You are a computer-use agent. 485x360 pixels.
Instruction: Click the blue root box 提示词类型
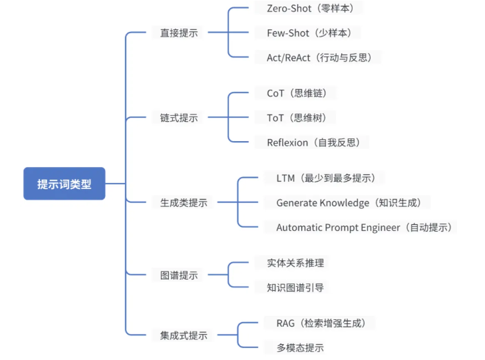click(64, 184)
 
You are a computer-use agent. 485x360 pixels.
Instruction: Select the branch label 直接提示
click(179, 33)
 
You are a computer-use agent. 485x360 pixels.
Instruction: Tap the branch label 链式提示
click(179, 118)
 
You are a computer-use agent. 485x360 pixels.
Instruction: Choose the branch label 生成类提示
click(184, 202)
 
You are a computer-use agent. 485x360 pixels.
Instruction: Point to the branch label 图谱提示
click(179, 275)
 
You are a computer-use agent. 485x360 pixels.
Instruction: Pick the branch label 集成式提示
click(184, 335)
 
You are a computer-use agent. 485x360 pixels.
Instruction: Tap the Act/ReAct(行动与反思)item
click(319, 57)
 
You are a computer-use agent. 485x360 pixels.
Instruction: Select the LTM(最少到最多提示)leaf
click(325, 178)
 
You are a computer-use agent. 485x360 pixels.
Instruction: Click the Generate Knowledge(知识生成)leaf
click(353, 202)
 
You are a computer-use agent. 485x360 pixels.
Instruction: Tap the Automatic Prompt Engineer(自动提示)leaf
click(365, 227)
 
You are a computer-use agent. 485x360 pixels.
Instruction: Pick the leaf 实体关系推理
click(291, 263)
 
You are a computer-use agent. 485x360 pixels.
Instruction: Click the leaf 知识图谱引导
click(291, 287)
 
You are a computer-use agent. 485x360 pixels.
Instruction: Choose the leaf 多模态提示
click(291, 347)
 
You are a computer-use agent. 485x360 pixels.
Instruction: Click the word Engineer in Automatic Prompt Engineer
click(380, 228)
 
